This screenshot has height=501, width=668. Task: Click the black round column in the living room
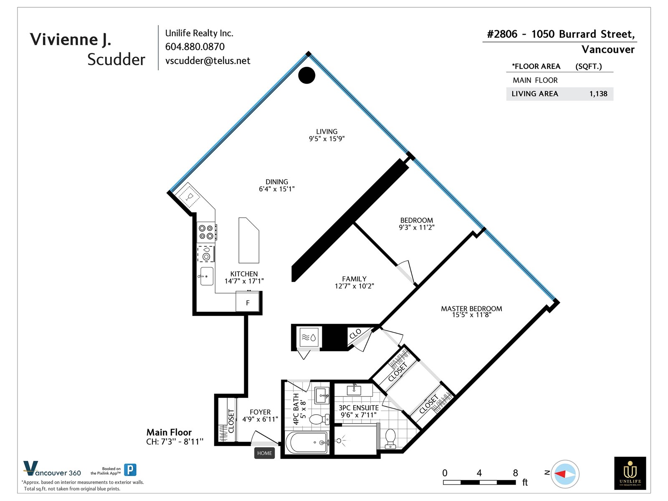click(x=306, y=75)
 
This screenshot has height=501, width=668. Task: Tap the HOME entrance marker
click(x=264, y=453)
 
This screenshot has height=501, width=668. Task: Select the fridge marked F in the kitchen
click(x=248, y=302)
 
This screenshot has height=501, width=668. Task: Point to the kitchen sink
click(x=207, y=276)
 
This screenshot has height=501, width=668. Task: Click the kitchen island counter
click(x=249, y=240)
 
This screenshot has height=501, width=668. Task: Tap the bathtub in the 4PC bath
click(x=307, y=443)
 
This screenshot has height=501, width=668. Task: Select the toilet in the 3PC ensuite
click(x=390, y=439)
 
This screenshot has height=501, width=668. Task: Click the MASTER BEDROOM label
click(x=471, y=309)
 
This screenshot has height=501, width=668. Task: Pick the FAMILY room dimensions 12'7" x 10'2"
click(x=354, y=286)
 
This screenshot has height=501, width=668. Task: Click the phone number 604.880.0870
click(x=195, y=46)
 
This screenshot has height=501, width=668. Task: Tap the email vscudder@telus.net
click(x=208, y=61)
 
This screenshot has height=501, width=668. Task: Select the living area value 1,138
click(x=598, y=94)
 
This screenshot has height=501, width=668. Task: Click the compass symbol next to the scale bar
click(x=565, y=474)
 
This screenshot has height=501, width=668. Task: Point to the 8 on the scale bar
click(x=515, y=473)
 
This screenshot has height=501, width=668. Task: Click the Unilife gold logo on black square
click(x=630, y=473)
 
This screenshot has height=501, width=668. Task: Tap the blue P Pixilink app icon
click(x=130, y=470)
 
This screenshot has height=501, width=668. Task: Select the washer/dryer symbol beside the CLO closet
click(x=309, y=337)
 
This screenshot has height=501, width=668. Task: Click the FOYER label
click(x=260, y=412)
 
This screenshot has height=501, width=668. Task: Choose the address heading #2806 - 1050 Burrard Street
click(x=561, y=34)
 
